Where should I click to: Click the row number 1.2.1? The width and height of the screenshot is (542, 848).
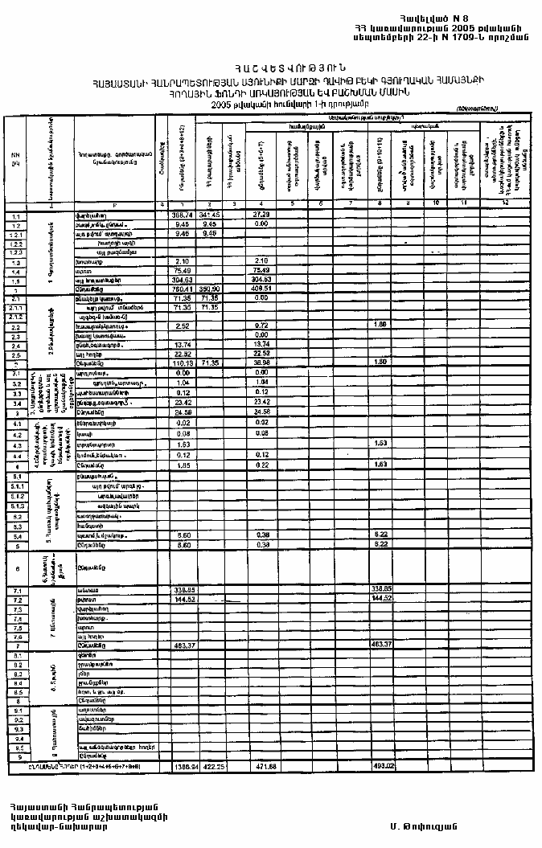tap(15, 235)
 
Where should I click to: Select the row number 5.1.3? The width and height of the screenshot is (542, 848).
tap(15, 507)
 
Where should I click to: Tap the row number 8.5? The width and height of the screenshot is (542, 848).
tap(15, 690)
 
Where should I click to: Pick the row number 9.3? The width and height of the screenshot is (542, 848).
tap(15, 728)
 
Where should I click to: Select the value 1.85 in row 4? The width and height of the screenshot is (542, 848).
tap(183, 465)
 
